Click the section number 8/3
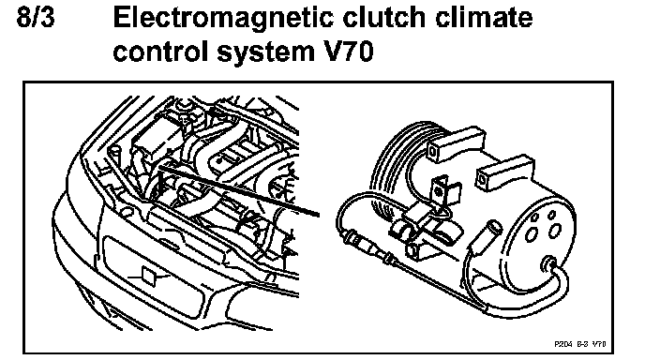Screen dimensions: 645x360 coord(36,18)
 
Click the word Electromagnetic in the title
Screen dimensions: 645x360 coord(223,20)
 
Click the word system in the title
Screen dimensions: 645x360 coord(263,54)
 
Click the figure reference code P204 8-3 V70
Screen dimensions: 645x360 coord(580,344)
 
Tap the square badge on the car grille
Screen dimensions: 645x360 coord(149,276)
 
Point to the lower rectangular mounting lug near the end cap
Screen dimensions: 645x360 coord(504,172)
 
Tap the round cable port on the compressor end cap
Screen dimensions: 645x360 coord(548,263)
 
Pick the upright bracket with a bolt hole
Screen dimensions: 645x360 coord(441,192)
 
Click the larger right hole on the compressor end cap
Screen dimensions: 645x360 coord(555,230)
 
